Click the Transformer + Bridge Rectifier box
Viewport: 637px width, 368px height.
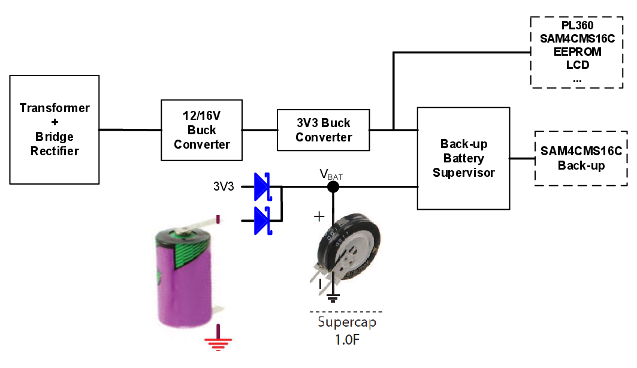coord(55,129)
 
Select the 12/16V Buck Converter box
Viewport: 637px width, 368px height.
coord(202,129)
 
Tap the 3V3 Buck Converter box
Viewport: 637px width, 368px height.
coord(324,130)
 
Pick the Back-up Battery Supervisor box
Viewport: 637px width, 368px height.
coord(463,158)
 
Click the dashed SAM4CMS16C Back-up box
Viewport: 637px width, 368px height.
coord(581,158)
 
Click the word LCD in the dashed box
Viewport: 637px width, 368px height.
coord(578,65)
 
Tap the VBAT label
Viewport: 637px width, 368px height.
coord(331,175)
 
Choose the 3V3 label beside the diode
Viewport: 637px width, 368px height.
coord(224,186)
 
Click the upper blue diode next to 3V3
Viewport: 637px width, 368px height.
coord(262,186)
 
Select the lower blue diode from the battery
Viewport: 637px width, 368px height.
coord(262,221)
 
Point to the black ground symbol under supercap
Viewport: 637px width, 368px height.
coord(334,297)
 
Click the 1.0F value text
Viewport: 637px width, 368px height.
coord(348,340)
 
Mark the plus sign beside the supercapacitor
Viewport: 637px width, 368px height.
coord(319,216)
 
